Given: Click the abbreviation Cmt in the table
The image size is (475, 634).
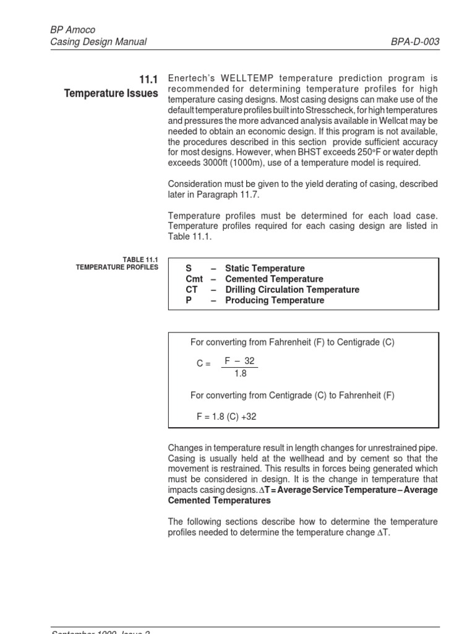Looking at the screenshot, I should coord(194,279).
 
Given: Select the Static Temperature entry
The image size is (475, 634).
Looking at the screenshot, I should coord(265,269).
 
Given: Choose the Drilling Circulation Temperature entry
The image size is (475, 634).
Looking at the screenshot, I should coord(292,290).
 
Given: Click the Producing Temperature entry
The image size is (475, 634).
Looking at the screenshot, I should coord(275,300).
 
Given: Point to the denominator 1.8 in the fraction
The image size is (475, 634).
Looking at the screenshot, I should coord(239,374).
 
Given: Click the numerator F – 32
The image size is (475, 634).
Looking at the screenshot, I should coord(239,362).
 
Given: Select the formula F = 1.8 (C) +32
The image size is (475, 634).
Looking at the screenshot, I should coord(226,417).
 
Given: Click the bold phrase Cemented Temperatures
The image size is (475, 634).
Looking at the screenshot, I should coord(219,500).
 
